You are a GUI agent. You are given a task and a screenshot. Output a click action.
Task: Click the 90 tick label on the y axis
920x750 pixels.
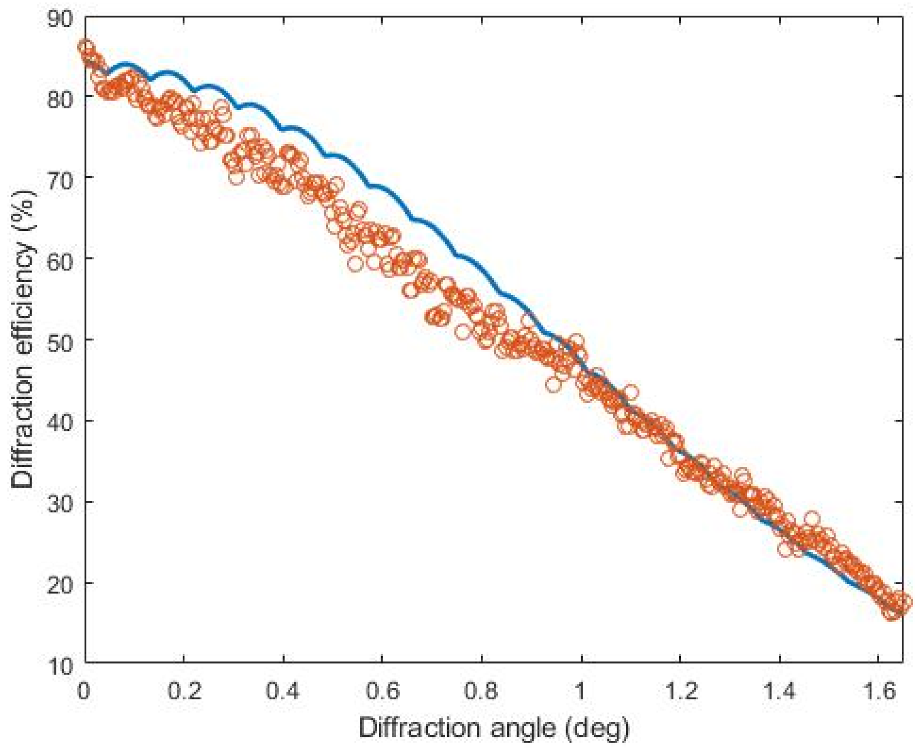pyautogui.click(x=60, y=20)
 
